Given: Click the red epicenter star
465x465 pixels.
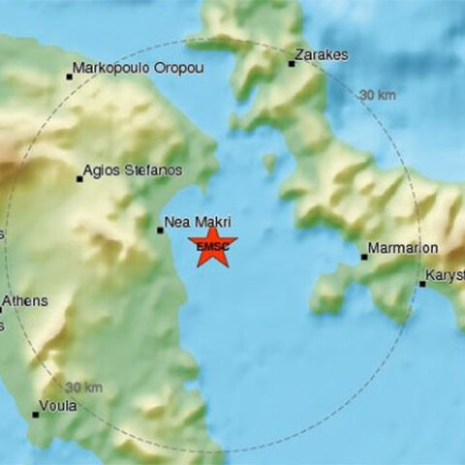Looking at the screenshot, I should click(x=211, y=245).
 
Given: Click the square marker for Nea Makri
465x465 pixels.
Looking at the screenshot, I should click(x=160, y=230).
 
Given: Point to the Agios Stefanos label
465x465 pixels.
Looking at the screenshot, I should click(x=133, y=170).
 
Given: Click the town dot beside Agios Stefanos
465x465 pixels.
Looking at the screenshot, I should click(x=79, y=178).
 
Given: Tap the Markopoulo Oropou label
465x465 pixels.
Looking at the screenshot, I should click(x=136, y=68).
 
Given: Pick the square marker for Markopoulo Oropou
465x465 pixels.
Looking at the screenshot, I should click(x=70, y=76).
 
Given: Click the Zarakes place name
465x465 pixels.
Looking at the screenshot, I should click(x=323, y=55).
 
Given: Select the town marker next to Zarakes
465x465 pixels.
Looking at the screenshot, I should click(x=291, y=64).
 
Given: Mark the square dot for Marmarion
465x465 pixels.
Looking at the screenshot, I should click(x=364, y=257).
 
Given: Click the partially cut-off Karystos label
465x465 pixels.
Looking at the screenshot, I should click(x=447, y=275).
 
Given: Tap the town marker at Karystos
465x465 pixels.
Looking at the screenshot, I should click(x=422, y=284).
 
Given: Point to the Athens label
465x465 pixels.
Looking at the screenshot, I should click(x=24, y=301).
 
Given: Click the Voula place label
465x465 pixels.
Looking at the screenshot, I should click(x=58, y=406).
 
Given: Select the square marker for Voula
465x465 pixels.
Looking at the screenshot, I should click(x=35, y=415).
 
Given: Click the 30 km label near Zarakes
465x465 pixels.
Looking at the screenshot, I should click(x=377, y=94).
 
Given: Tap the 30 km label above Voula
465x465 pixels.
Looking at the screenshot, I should click(x=84, y=387).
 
